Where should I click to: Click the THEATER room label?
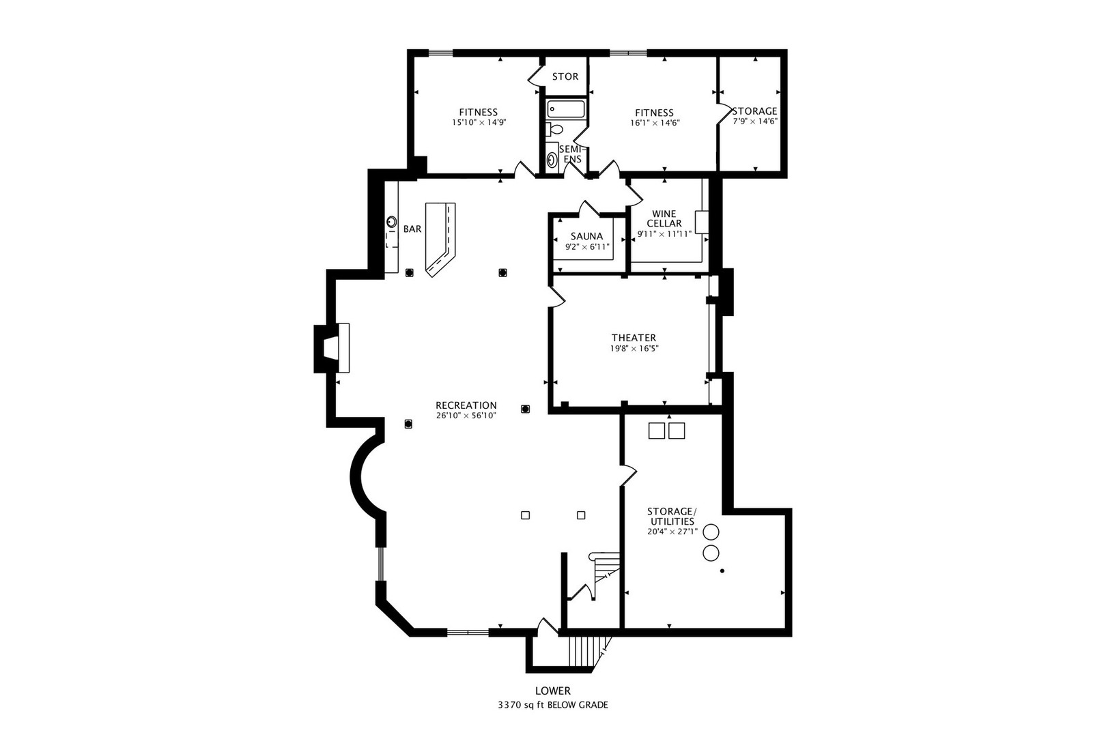coord(634,338)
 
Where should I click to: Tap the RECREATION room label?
coord(466,405)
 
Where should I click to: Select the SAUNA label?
coord(586,236)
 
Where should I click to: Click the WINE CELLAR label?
coord(664,218)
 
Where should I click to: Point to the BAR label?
coord(412,229)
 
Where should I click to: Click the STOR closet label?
coord(565,76)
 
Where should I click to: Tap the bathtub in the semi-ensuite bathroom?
coord(566,109)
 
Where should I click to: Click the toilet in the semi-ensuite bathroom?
coord(554,130)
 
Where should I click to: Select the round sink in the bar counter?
coord(392,222)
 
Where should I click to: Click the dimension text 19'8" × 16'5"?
coord(634,349)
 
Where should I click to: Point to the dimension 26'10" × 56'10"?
coord(466,416)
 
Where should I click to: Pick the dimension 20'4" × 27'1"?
coord(672,532)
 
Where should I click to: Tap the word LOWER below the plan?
coord(552,691)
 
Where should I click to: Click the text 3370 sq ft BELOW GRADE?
coord(552,705)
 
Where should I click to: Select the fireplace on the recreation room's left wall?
coord(332,347)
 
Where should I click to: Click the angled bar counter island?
coord(440,240)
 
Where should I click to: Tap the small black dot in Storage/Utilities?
coord(722,570)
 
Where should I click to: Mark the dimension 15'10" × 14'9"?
coord(479,122)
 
